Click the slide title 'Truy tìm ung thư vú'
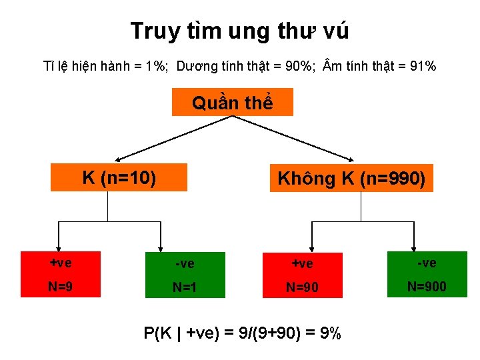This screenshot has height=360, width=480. click(239, 31)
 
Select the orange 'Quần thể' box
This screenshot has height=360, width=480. click(232, 103)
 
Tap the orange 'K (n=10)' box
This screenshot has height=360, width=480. click(119, 177)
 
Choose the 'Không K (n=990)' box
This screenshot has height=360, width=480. click(351, 178)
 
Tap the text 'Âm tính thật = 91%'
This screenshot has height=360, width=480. click(379, 66)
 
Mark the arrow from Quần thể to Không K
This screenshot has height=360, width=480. click(293, 138)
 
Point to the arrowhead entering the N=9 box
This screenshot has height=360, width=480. click(59, 246)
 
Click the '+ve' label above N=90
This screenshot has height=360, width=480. click(302, 264)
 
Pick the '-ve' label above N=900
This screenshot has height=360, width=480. click(427, 263)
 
